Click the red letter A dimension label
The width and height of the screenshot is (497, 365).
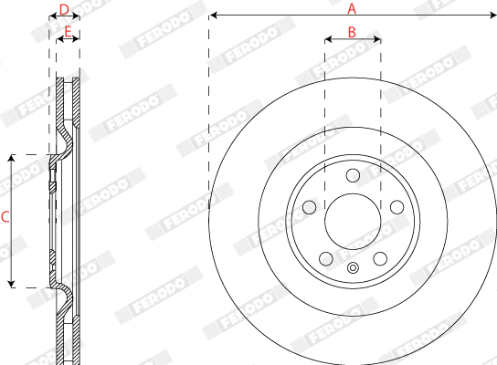pyautogui.click(x=352, y=7)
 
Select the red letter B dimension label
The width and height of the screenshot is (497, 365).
pyautogui.click(x=352, y=31)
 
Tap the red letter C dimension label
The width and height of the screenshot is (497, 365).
pyautogui.click(x=5, y=217)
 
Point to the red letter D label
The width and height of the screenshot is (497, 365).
pyautogui.click(x=63, y=9)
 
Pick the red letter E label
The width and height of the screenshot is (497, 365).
pyautogui.click(x=68, y=32)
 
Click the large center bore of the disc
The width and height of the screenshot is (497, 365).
pyautogui.click(x=352, y=217)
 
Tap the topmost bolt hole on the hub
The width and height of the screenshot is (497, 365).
pyautogui.click(x=352, y=174)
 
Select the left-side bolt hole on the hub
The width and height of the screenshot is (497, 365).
pyautogui.click(x=309, y=206)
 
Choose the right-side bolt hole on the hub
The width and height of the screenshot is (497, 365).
pyautogui.click(x=396, y=206)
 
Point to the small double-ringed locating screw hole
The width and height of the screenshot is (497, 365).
pyautogui.click(x=352, y=268)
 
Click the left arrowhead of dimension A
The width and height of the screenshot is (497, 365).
pyautogui.click(x=212, y=16)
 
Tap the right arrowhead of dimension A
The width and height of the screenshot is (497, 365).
pyautogui.click(x=492, y=16)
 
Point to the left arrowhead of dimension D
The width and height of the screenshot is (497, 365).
pyautogui.click(x=51, y=17)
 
